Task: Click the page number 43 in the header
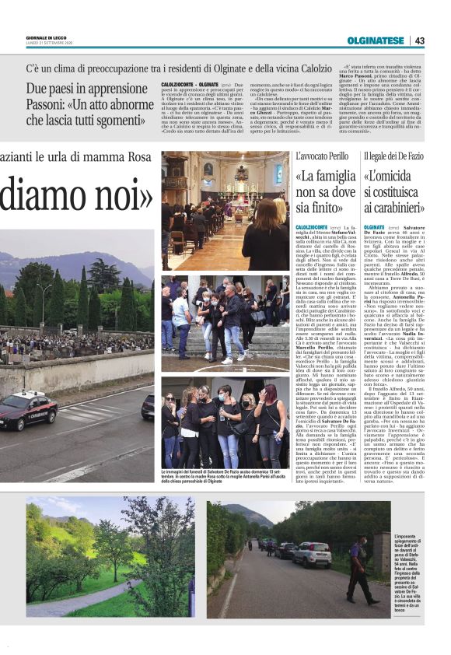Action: [420, 40]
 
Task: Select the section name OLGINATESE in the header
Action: [377, 40]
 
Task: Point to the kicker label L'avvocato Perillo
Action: [323, 156]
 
